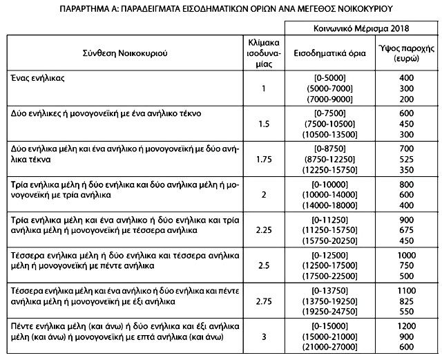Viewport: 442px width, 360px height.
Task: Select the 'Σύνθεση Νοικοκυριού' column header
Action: (128, 53)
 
